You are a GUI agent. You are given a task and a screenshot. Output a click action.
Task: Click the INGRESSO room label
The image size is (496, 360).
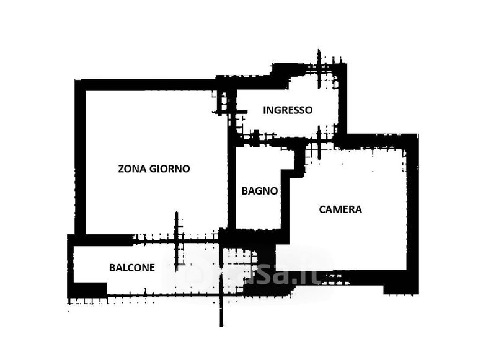point(288,110)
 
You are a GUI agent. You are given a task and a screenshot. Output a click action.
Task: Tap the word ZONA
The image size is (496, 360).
point(132,169)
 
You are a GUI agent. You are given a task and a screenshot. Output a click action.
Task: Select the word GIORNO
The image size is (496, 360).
point(169,169)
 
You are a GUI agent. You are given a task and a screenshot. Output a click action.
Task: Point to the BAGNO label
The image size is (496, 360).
point(259,191)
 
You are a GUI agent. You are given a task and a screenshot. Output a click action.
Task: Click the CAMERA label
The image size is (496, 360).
point(340,209)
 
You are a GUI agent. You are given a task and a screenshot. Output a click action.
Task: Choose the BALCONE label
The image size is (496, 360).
point(132,268)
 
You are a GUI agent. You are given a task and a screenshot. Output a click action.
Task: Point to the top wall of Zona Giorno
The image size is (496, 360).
point(149,84)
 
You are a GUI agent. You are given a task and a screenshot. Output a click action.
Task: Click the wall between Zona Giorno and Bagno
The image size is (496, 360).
point(232,186)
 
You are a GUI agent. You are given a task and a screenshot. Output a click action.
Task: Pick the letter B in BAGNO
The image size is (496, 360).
point(244,191)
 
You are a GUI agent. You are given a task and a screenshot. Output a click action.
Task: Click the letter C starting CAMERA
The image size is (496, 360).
point(322,209)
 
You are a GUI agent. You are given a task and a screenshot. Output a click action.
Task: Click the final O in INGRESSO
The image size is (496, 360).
point(309,110)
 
